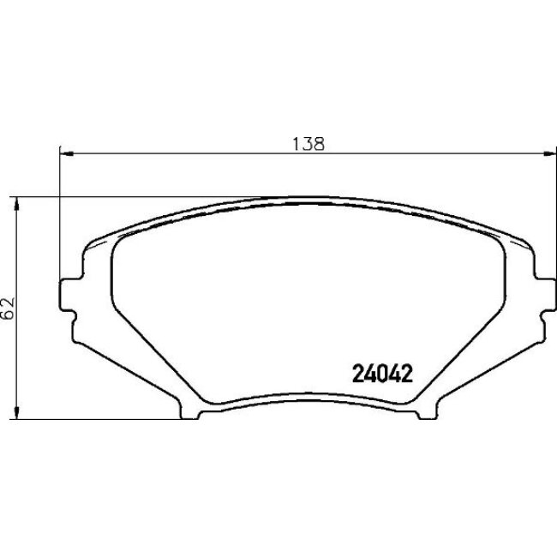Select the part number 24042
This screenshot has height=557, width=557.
[382, 374]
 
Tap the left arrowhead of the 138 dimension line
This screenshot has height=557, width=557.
[63, 154]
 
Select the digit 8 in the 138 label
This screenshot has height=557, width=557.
[320, 145]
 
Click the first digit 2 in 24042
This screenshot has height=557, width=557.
[358, 374]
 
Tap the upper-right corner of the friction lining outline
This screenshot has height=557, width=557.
[497, 241]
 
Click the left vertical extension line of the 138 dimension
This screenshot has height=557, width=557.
[59, 214]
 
